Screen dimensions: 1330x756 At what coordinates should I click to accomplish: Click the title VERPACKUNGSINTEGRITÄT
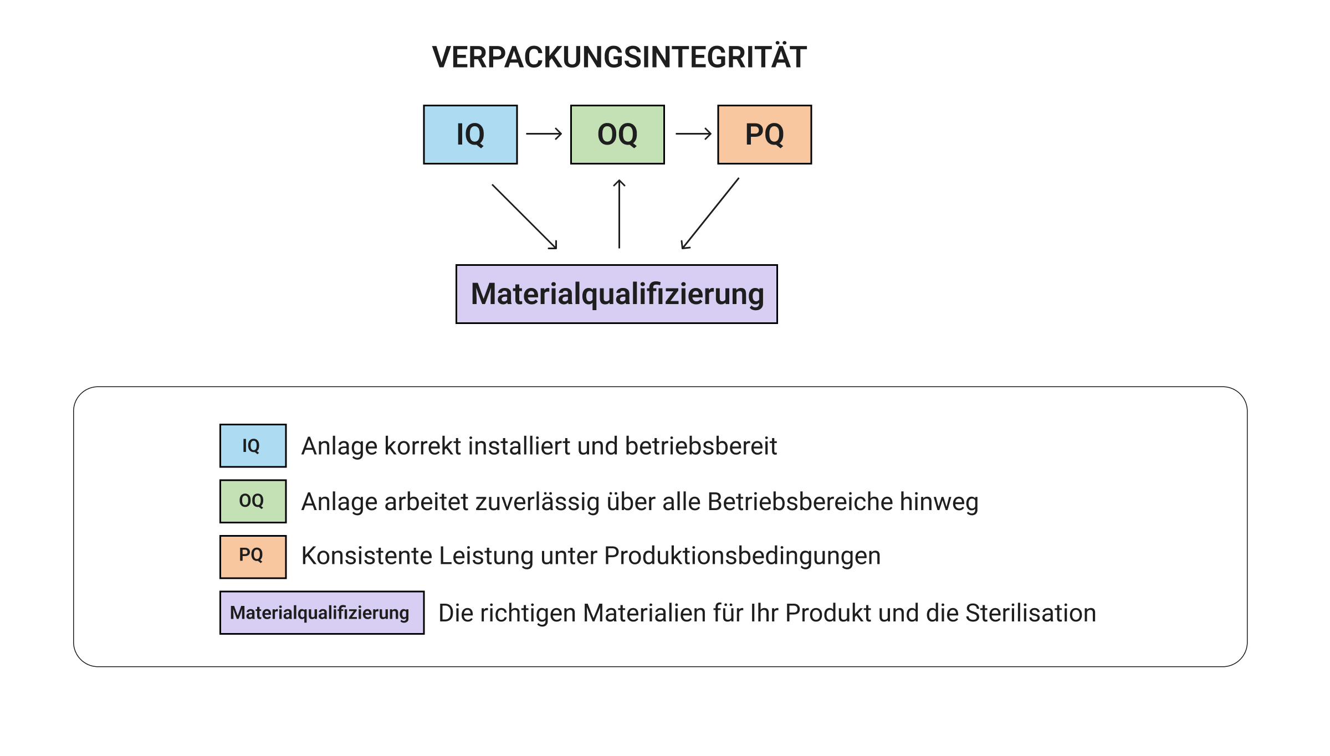coord(619,57)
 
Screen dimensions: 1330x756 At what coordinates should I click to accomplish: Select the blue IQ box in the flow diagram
coord(470,135)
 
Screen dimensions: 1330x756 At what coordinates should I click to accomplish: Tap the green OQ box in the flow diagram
coord(617,135)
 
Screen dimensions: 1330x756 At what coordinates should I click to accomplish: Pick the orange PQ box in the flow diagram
coord(764,135)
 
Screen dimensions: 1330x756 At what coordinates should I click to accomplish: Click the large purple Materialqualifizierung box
coord(616,294)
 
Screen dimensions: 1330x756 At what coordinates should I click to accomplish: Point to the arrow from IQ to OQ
coord(544,133)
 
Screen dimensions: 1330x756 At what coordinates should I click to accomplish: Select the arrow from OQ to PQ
coord(693,133)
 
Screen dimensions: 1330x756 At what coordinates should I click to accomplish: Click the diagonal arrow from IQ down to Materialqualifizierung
coord(524,217)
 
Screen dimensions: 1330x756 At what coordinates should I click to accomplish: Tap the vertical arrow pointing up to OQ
coord(619,214)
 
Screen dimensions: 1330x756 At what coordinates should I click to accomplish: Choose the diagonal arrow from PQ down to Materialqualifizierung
coord(710,214)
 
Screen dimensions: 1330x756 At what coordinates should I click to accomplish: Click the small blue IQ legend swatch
coord(253,446)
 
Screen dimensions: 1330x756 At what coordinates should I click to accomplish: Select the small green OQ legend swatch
coord(253,501)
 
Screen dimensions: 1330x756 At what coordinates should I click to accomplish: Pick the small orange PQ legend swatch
coord(253,557)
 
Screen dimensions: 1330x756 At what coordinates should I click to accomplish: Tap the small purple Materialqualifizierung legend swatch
coord(321,613)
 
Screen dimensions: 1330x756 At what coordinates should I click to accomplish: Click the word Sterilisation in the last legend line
coord(1030,613)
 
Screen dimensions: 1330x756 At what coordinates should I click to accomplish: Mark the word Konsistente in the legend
coord(366,556)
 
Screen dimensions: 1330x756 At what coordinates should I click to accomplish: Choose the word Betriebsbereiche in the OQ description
coord(800,502)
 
